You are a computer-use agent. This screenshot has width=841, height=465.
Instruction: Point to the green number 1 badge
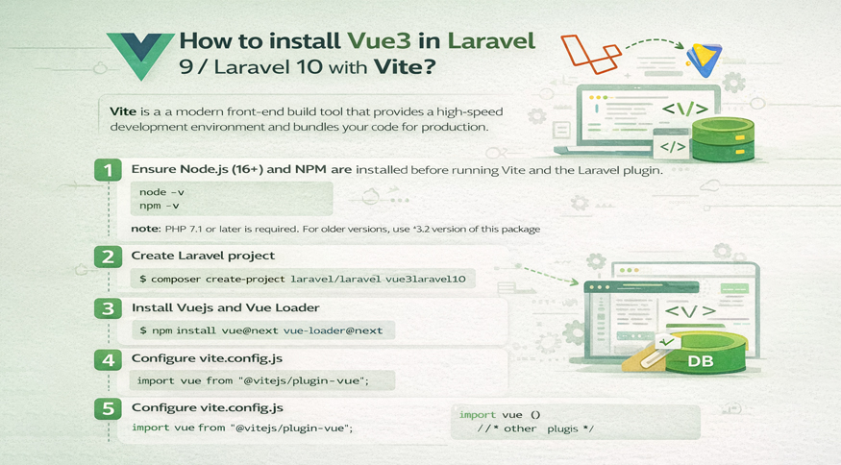109,170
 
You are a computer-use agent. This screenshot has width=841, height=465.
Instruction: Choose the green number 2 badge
109,257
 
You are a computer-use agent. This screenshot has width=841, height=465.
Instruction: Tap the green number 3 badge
109,308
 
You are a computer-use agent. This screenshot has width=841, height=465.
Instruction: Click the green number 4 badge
109,359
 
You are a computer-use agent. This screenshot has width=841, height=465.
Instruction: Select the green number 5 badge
109,408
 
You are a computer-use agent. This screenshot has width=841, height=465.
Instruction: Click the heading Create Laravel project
203,257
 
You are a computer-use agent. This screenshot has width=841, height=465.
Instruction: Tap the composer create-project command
302,279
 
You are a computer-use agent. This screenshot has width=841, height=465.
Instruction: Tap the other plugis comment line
535,428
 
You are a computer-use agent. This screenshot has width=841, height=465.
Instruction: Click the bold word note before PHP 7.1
146,229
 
